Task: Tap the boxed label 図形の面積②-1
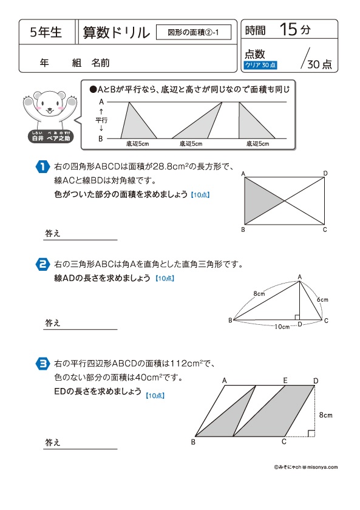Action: (194, 32)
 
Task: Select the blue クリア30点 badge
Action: (260, 64)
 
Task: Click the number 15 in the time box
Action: (289, 29)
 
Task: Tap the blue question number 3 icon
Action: (42, 363)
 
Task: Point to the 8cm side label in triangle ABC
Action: (259, 293)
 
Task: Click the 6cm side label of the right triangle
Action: (322, 299)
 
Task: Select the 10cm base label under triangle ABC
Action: (281, 327)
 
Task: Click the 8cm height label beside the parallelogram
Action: (325, 415)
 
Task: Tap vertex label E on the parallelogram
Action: (285, 380)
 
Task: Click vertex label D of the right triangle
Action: (299, 325)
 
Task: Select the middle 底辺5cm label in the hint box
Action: (191, 144)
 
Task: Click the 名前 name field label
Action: (101, 62)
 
